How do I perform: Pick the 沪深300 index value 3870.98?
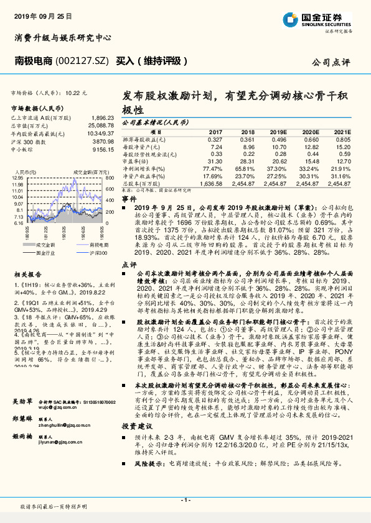(x=102, y=141)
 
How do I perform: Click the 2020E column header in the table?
(x=311, y=132)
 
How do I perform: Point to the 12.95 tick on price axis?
(x=17, y=178)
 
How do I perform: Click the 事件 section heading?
(x=129, y=198)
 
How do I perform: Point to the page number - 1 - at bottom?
(x=185, y=499)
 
